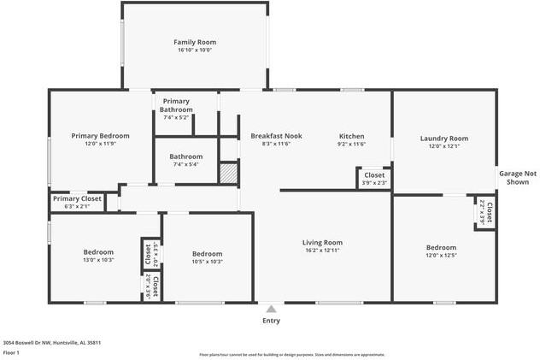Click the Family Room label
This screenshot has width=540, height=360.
pos(195,42)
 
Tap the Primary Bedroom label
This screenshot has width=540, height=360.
pos(100,136)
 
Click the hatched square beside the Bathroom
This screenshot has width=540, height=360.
pos(228,172)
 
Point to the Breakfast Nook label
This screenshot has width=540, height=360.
pos(276,136)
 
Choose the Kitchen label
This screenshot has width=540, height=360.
pos(352,136)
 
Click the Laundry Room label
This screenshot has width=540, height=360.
pos(444,138)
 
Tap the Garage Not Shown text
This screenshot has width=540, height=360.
pos(518,177)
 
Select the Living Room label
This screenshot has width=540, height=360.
pos(323,242)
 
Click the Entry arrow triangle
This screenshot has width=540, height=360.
pos(271,310)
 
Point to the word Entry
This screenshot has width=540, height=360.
pos(271,322)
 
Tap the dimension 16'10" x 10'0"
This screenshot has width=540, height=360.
pos(195,50)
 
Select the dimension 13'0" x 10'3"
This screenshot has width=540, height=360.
pos(98,260)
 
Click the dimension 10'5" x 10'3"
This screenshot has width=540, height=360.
pos(207,262)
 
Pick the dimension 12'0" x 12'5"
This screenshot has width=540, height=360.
pos(441,256)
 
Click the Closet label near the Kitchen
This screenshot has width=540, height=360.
pos(374,174)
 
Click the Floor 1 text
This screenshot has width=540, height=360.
pos(11,351)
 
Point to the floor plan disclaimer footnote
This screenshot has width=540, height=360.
pos(292,354)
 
